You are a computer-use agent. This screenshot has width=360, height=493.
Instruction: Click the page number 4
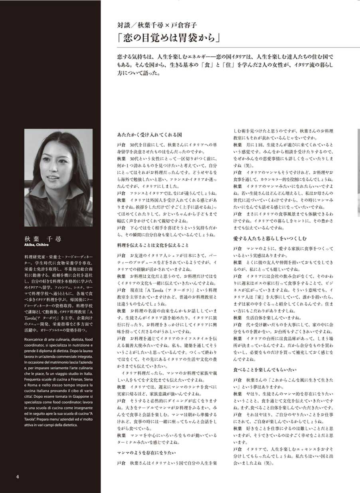pyautogui.click(x=18, y=477)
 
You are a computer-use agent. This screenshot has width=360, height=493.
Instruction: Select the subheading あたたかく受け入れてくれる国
pyautogui.click(x=150, y=135)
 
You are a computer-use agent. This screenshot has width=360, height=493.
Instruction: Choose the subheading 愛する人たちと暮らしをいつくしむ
pyautogui.click(x=270, y=239)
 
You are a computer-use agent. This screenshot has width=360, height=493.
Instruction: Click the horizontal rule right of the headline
pyautogui.click(x=291, y=47)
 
